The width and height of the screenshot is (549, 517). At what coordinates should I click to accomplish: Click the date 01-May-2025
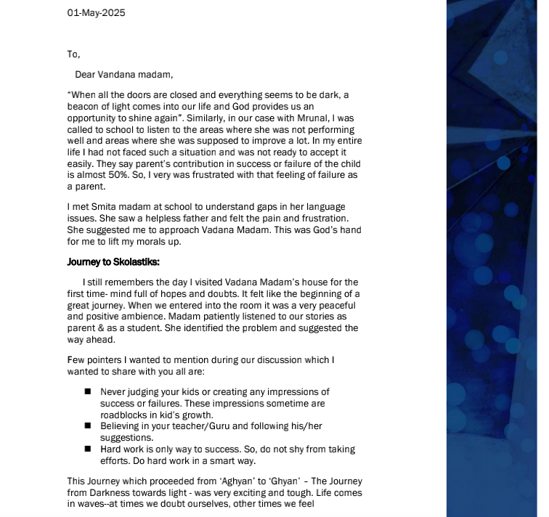pyautogui.click(x=96, y=12)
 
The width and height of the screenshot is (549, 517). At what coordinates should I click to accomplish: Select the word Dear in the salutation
pyautogui.click(x=86, y=74)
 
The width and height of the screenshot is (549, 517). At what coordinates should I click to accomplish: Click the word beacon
pyautogui.click(x=84, y=107)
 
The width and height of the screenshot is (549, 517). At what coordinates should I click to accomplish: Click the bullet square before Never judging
pyautogui.click(x=87, y=391)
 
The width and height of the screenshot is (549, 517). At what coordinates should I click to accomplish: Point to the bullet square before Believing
pyautogui.click(x=87, y=426)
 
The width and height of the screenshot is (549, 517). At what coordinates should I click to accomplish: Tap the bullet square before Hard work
pyautogui.click(x=87, y=449)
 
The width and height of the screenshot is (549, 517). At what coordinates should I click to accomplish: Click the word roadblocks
pyautogui.click(x=124, y=415)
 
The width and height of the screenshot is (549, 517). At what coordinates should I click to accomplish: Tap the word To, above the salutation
pyautogui.click(x=73, y=54)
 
